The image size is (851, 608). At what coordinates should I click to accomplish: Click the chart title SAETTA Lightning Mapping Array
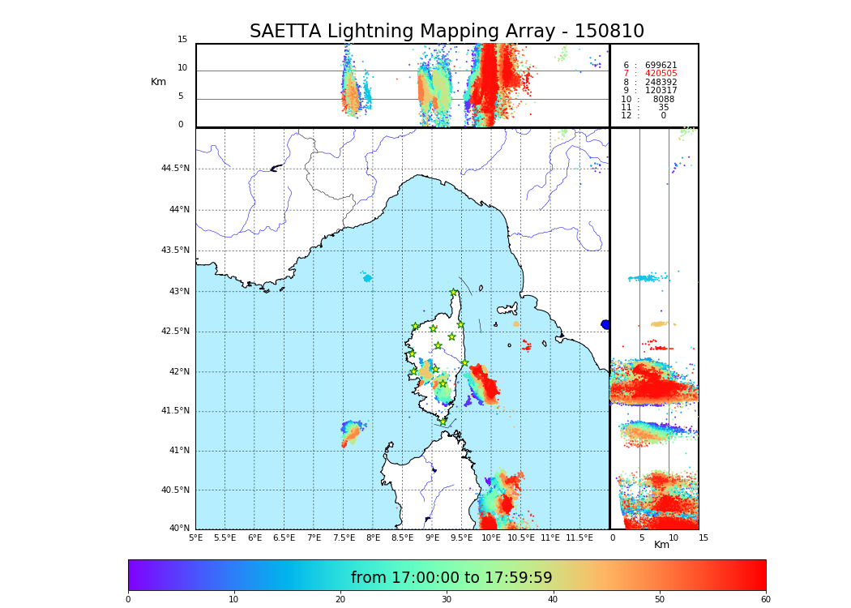pyautogui.click(x=447, y=32)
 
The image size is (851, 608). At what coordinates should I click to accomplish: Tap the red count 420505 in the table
pyautogui.click(x=661, y=74)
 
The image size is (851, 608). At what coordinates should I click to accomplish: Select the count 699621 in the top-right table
pyautogui.click(x=661, y=66)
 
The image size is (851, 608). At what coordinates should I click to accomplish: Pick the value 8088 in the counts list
pyautogui.click(x=663, y=100)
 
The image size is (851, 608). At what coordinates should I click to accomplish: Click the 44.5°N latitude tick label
pyautogui.click(x=175, y=169)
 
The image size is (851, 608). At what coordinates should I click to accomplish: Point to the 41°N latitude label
pyautogui.click(x=177, y=451)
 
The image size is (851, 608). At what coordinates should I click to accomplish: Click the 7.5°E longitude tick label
pyautogui.click(x=344, y=537)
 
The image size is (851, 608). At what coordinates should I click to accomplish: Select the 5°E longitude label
pyautogui.click(x=196, y=537)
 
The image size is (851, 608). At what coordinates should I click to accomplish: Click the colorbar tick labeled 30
pyautogui.click(x=447, y=599)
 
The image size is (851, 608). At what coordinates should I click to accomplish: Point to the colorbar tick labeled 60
pyautogui.click(x=765, y=599)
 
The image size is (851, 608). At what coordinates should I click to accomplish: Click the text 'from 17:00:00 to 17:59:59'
pyautogui.click(x=451, y=578)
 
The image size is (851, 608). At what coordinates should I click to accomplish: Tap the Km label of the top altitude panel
pyautogui.click(x=158, y=82)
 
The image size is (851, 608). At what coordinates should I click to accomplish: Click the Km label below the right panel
pyautogui.click(x=661, y=545)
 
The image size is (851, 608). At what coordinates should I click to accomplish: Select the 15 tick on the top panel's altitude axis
pyautogui.click(x=182, y=40)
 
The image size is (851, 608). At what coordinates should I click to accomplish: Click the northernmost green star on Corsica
pyautogui.click(x=454, y=292)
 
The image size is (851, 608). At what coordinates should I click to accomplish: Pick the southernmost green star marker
pyautogui.click(x=443, y=422)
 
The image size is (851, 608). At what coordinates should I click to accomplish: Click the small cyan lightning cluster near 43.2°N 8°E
pyautogui.click(x=367, y=278)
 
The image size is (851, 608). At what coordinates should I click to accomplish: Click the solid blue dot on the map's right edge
pyautogui.click(x=605, y=324)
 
